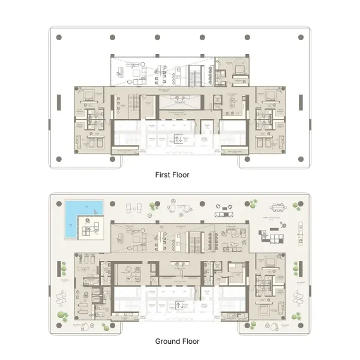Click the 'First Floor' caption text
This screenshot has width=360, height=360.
coord(172,175)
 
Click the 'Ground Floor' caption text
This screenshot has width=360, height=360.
coord(177,341)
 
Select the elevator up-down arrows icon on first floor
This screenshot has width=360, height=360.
coord(179,140)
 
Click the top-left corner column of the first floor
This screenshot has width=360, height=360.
coord(59,37)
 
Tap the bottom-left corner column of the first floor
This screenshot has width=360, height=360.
coord(59,160)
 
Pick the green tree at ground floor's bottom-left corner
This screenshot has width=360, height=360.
coord(61,315)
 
